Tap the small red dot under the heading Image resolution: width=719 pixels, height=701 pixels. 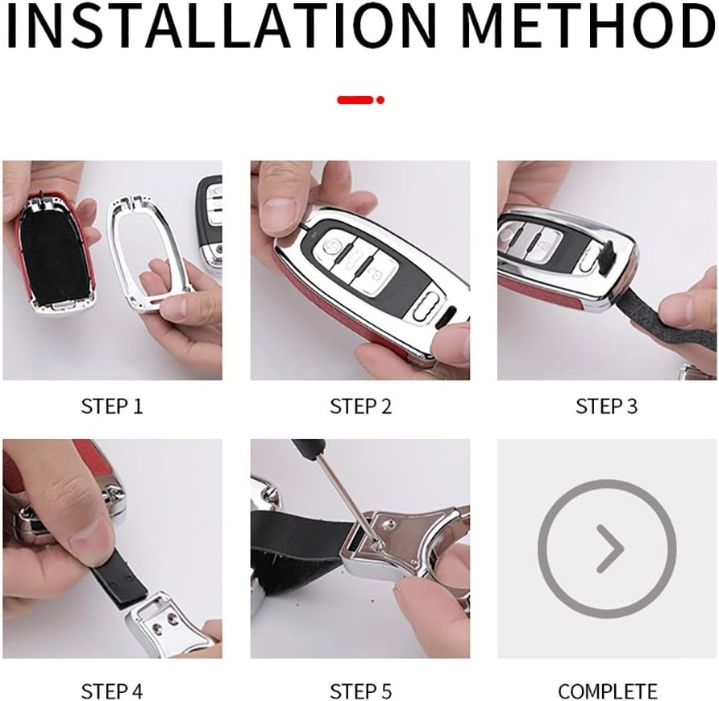[x=380, y=100]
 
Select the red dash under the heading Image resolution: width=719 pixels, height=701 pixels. [x=355, y=100]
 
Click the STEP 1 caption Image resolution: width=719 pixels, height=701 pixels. [x=112, y=407]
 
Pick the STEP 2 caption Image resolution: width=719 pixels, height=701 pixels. [x=361, y=407]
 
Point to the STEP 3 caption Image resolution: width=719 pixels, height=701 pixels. [x=607, y=407]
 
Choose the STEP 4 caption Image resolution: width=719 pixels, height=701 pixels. [x=112, y=691]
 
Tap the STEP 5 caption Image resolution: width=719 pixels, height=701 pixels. [x=361, y=691]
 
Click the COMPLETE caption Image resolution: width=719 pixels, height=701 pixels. [x=608, y=691]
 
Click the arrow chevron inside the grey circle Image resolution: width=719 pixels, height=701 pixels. [x=610, y=549]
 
